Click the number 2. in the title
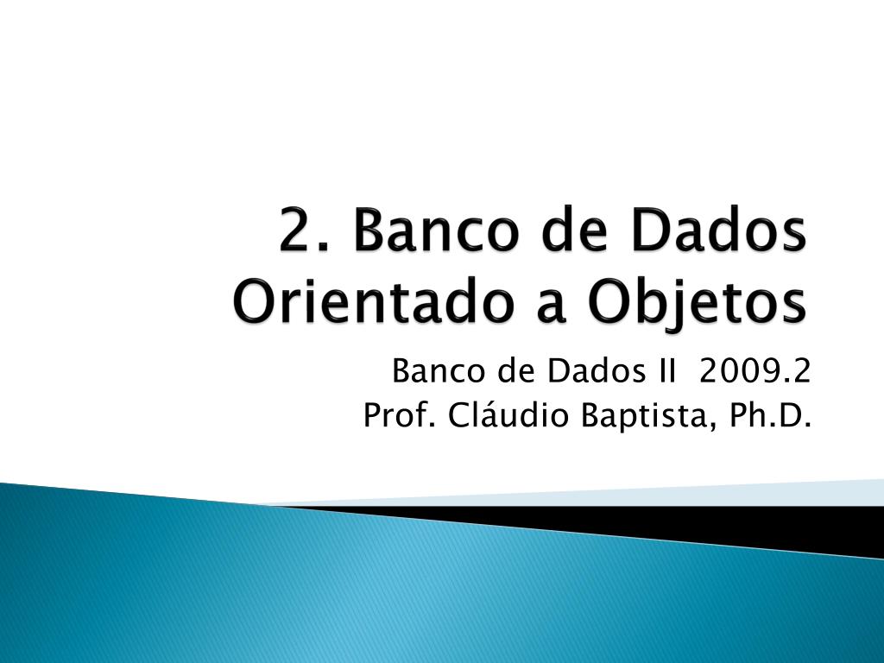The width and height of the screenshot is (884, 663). click(x=303, y=230)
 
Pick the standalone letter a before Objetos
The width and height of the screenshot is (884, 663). click(x=550, y=306)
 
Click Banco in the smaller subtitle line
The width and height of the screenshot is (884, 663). click(x=438, y=371)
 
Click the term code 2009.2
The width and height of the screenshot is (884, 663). click(x=755, y=371)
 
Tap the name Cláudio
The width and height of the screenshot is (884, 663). click(x=508, y=415)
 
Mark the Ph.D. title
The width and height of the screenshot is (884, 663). click(x=769, y=415)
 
